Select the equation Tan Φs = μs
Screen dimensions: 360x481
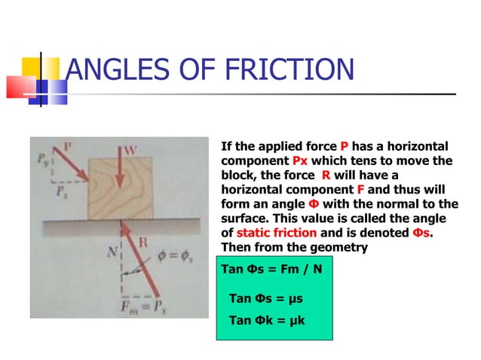point(265,299)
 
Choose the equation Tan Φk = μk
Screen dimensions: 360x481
point(265,321)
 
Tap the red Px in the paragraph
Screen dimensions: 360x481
point(300,161)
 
